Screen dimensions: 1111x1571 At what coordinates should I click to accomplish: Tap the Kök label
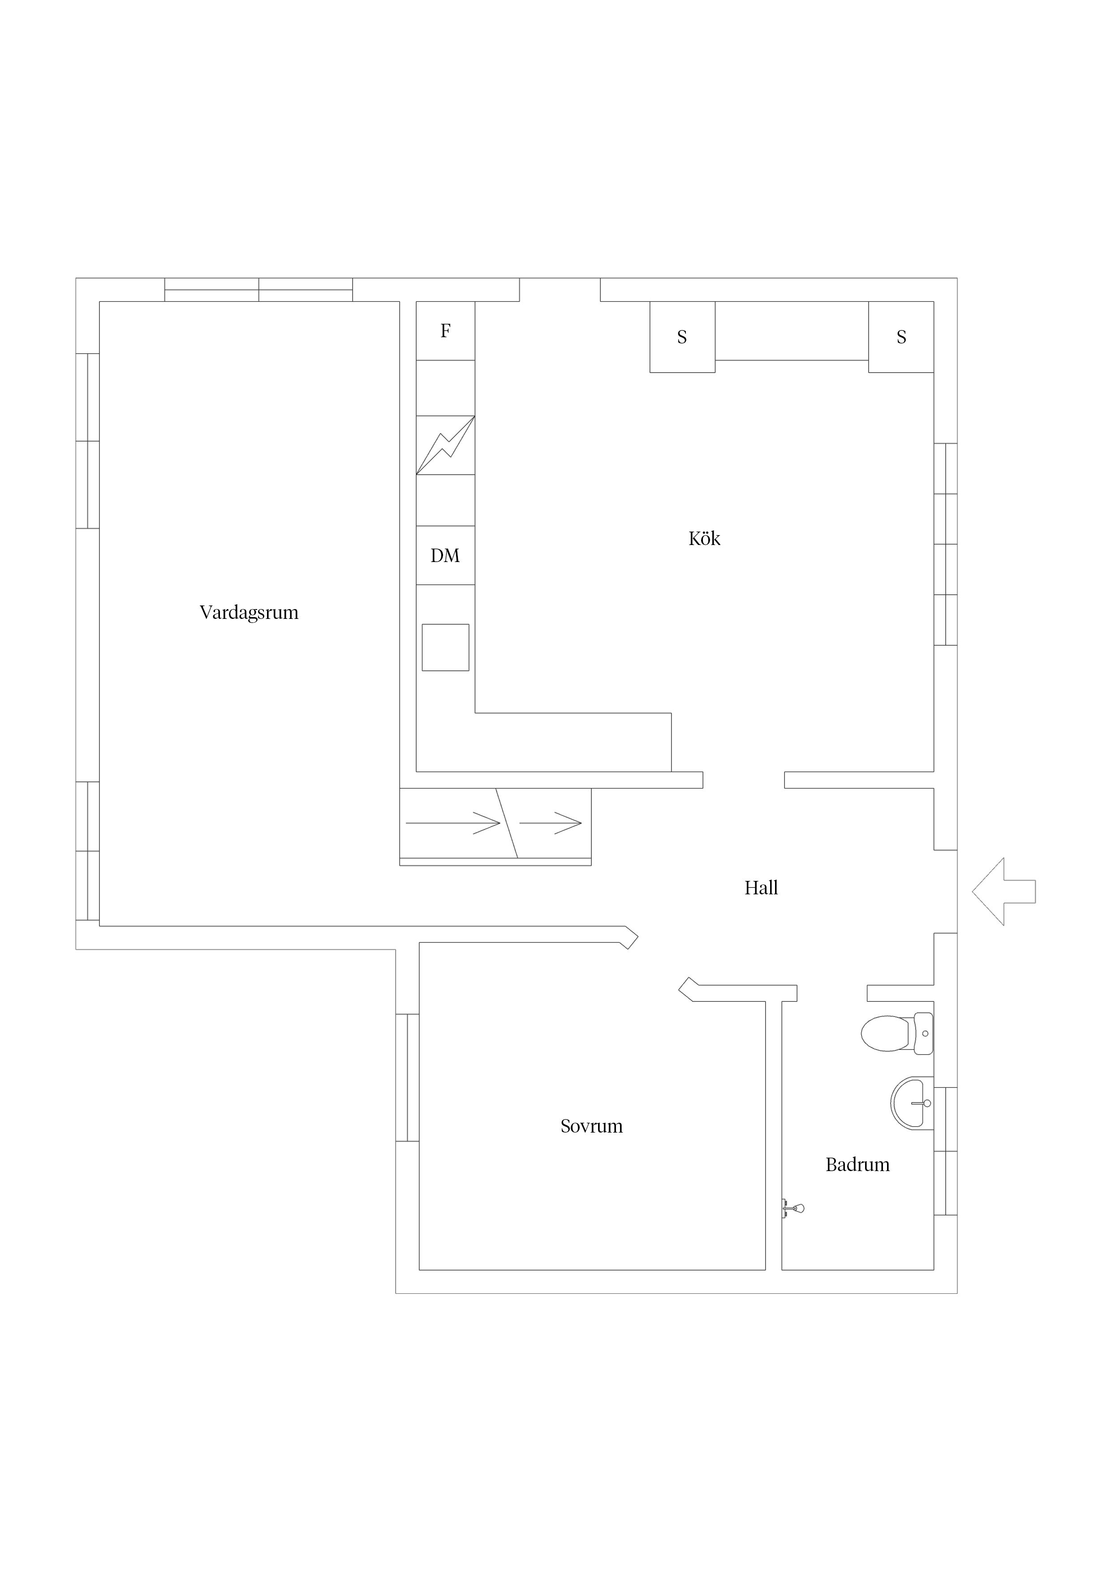tap(704, 538)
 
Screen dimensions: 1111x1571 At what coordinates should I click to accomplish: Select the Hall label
tap(761, 888)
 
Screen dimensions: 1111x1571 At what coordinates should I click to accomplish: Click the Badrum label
tap(858, 1164)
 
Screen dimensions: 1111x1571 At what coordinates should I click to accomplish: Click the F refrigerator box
tap(446, 331)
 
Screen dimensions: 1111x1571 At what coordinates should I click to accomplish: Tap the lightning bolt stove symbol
tap(446, 446)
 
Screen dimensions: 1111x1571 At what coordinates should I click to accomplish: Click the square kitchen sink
tap(446, 647)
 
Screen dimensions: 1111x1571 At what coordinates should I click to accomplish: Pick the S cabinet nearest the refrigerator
tap(682, 337)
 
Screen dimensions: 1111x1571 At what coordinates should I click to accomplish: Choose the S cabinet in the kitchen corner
tap(901, 337)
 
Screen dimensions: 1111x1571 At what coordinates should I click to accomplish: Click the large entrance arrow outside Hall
tap(1003, 892)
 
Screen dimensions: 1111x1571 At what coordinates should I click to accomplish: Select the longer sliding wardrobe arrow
tap(453, 823)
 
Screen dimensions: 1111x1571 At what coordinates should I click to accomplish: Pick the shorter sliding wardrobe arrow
tap(551, 823)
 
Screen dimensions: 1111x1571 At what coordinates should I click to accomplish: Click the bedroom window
tap(407, 1077)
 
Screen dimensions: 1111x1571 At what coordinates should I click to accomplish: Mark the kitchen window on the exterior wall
tap(945, 544)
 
